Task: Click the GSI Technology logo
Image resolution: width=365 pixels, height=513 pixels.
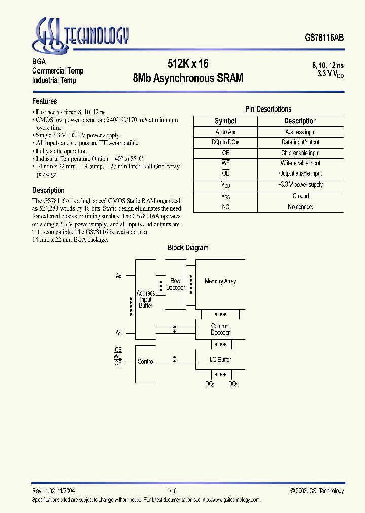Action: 82,33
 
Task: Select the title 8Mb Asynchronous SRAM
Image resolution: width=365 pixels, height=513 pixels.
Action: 188,78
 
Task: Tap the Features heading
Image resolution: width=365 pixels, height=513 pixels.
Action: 45,101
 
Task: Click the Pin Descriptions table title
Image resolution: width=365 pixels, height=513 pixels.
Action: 268,109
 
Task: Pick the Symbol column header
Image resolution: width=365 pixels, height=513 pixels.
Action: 225,121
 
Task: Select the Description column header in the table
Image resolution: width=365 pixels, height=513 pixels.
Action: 300,121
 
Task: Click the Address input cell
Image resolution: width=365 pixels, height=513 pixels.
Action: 300,132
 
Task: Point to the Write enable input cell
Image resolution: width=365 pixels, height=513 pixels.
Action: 300,163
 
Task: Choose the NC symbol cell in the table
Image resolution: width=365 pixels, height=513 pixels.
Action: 225,207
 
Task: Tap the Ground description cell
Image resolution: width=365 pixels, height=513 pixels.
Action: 300,196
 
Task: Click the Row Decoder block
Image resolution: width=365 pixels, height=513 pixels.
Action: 175,284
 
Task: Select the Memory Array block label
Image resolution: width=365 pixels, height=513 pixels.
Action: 220,281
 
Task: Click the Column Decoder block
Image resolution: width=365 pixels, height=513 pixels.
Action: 220,329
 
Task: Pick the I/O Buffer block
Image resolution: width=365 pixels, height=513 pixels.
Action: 220,359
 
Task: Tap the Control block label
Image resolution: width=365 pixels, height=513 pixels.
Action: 145,362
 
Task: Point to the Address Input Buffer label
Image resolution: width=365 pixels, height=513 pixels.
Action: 145,299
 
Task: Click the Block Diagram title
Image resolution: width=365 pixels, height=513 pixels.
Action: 188,248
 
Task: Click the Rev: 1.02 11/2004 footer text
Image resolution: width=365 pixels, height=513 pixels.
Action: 54,491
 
